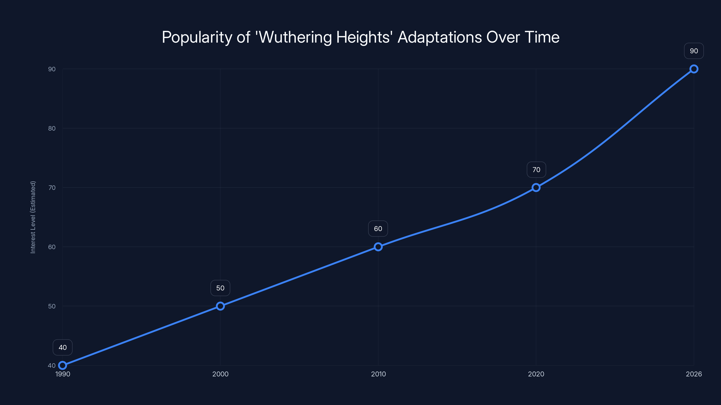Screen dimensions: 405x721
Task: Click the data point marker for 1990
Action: coord(62,365)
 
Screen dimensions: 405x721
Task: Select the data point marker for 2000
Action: coord(220,306)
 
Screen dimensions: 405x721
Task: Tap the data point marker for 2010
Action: coord(378,247)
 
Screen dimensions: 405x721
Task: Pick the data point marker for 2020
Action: coord(536,188)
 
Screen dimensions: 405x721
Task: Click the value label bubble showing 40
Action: coord(63,347)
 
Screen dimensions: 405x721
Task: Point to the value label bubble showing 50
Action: coord(220,288)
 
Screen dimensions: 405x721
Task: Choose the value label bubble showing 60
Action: coord(378,229)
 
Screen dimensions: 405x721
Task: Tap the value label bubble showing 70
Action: coord(536,170)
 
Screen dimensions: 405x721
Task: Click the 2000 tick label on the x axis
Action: coord(220,374)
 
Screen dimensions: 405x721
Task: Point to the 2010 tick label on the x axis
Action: coord(378,374)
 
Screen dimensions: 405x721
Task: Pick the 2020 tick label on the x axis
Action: coord(536,374)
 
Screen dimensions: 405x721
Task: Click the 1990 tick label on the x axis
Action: coord(63,374)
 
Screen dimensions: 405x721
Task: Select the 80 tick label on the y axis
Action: coord(52,128)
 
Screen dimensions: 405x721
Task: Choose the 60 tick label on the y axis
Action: coord(52,247)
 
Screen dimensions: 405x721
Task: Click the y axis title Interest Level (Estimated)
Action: coord(33,217)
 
